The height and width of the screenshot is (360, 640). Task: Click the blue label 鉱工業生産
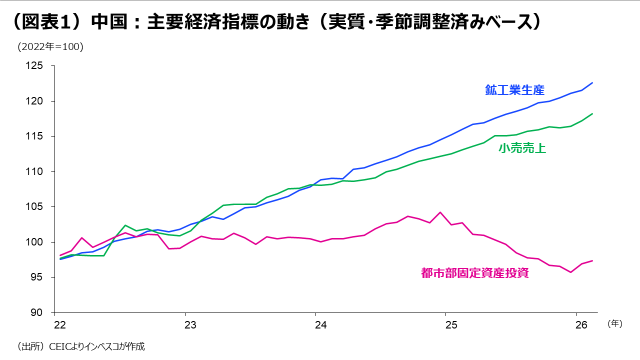pyautogui.click(x=514, y=90)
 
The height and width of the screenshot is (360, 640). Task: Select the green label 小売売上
pyautogui.click(x=522, y=148)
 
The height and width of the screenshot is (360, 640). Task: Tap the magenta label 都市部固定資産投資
pyautogui.click(x=474, y=273)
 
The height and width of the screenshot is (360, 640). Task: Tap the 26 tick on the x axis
pyautogui.click(x=580, y=324)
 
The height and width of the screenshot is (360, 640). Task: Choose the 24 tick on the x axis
pyautogui.click(x=320, y=324)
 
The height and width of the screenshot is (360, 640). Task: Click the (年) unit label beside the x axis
pyautogui.click(x=614, y=323)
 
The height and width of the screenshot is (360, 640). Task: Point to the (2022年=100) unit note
pyautogui.click(x=50, y=47)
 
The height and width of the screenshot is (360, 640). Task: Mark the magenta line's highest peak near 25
pyautogui.click(x=440, y=212)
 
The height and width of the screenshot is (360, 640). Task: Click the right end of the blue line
pyautogui.click(x=592, y=82)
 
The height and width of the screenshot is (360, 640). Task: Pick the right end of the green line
pyautogui.click(x=592, y=113)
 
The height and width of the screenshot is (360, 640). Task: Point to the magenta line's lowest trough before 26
pyautogui.click(x=570, y=272)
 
